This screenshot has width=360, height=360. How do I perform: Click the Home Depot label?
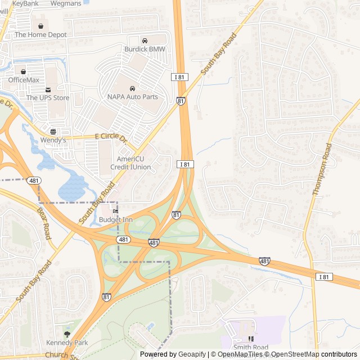click(x=40, y=35)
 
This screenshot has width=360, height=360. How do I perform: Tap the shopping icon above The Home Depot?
click(x=40, y=26)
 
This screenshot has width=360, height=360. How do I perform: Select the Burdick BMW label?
click(x=145, y=49)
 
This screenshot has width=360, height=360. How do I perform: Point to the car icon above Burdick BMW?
click(x=145, y=40)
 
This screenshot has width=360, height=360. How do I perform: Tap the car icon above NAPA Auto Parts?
click(x=132, y=89)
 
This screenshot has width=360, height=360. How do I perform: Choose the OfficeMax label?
click(x=24, y=80)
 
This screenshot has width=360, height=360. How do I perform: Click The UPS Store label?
click(x=48, y=98)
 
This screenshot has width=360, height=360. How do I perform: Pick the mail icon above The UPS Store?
click(x=48, y=89)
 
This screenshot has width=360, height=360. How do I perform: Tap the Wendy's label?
click(x=53, y=139)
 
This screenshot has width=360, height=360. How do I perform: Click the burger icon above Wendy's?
click(x=53, y=132)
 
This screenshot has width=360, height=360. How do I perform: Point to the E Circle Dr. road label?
click(x=111, y=137)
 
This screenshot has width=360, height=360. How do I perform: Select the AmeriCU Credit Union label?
click(x=130, y=163)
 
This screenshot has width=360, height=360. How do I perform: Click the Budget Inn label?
click(x=116, y=219)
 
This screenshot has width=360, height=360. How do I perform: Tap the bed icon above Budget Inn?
click(x=116, y=211)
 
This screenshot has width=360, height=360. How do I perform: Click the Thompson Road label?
click(x=322, y=169)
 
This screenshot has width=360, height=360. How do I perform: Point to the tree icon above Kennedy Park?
click(x=67, y=334)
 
